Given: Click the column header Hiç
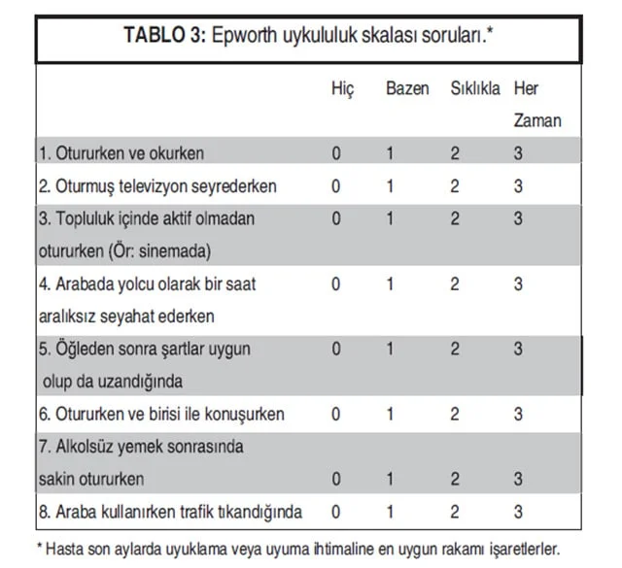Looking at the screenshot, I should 343,89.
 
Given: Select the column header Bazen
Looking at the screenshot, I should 407,89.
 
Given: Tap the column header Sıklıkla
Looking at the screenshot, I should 475,89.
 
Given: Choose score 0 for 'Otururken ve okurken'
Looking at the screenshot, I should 336,153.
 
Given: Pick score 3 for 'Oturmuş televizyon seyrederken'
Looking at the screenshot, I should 519,185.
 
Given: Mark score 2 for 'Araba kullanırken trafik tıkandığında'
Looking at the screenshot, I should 454,512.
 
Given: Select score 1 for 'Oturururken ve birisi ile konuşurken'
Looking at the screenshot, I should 390,415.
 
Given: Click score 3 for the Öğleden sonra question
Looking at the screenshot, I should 519,349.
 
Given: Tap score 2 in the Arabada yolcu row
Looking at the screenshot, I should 454,284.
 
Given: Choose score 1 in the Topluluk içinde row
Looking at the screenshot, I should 390,218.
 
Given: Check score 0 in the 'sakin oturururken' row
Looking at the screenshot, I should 336,480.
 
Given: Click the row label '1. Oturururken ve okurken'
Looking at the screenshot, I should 121,153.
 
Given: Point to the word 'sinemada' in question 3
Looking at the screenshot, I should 177,251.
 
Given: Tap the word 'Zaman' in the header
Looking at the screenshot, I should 537,121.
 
